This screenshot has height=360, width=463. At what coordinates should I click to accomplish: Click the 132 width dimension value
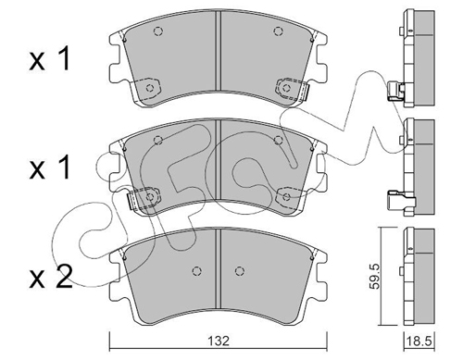coord(219,341)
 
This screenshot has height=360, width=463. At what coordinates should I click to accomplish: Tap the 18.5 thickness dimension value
coord(419,341)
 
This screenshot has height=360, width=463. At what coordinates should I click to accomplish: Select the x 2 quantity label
coord(51,277)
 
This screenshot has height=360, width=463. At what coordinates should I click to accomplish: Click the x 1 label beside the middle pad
coord(49,168)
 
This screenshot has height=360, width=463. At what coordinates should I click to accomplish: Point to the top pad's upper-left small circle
coord(158,31)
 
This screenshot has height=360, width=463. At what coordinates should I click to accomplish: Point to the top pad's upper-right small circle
coord(278,31)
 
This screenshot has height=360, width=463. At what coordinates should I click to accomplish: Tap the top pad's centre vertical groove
coord(219,51)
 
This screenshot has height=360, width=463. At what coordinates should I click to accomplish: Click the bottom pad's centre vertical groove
coord(219,268)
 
